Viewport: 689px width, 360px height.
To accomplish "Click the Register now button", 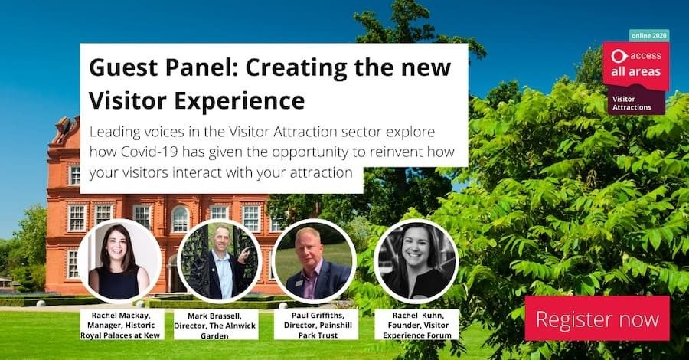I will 597,318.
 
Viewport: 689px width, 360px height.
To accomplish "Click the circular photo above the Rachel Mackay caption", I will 119,260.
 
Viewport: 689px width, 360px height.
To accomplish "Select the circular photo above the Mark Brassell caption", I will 219,260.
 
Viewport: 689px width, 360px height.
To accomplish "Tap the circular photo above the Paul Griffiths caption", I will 314,260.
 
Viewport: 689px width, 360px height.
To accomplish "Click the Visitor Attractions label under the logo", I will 632,103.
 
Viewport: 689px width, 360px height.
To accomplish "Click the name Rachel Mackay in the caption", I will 119,314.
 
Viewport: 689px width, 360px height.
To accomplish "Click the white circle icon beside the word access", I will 619,55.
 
